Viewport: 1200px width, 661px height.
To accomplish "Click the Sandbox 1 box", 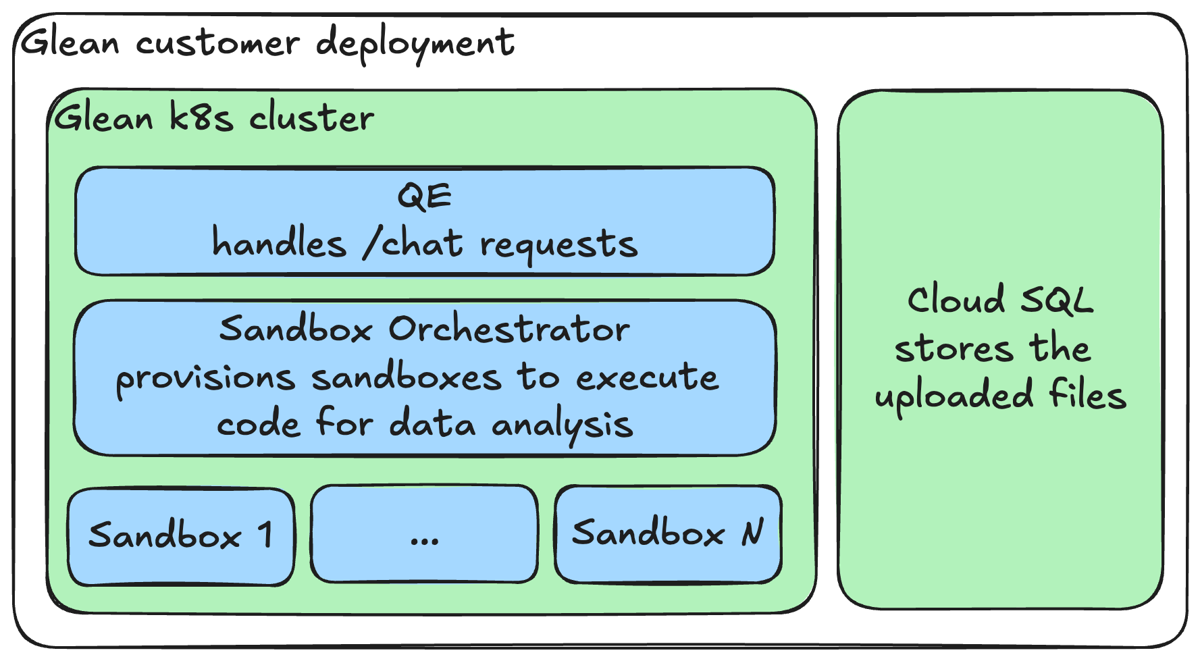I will point(181,537).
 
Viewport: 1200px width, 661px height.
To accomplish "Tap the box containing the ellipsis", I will point(424,533).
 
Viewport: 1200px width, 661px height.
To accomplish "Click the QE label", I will point(424,196).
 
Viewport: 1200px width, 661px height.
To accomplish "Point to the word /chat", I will point(413,243).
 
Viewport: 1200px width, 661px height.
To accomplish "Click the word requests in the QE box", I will point(558,244).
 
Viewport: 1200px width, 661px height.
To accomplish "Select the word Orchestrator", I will point(508,329).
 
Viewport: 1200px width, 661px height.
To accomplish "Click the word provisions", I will point(205,378).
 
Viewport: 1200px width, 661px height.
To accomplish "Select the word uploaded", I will point(954,396).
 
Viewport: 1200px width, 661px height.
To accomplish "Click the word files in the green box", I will point(1087,394).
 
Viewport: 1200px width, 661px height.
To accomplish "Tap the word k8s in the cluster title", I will point(201,117).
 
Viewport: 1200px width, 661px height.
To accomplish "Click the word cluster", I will point(311,117).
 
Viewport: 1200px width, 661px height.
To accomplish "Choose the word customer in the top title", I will point(217,43).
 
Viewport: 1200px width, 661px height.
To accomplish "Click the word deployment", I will point(415,45).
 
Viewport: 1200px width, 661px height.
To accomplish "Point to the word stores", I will point(954,349).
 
